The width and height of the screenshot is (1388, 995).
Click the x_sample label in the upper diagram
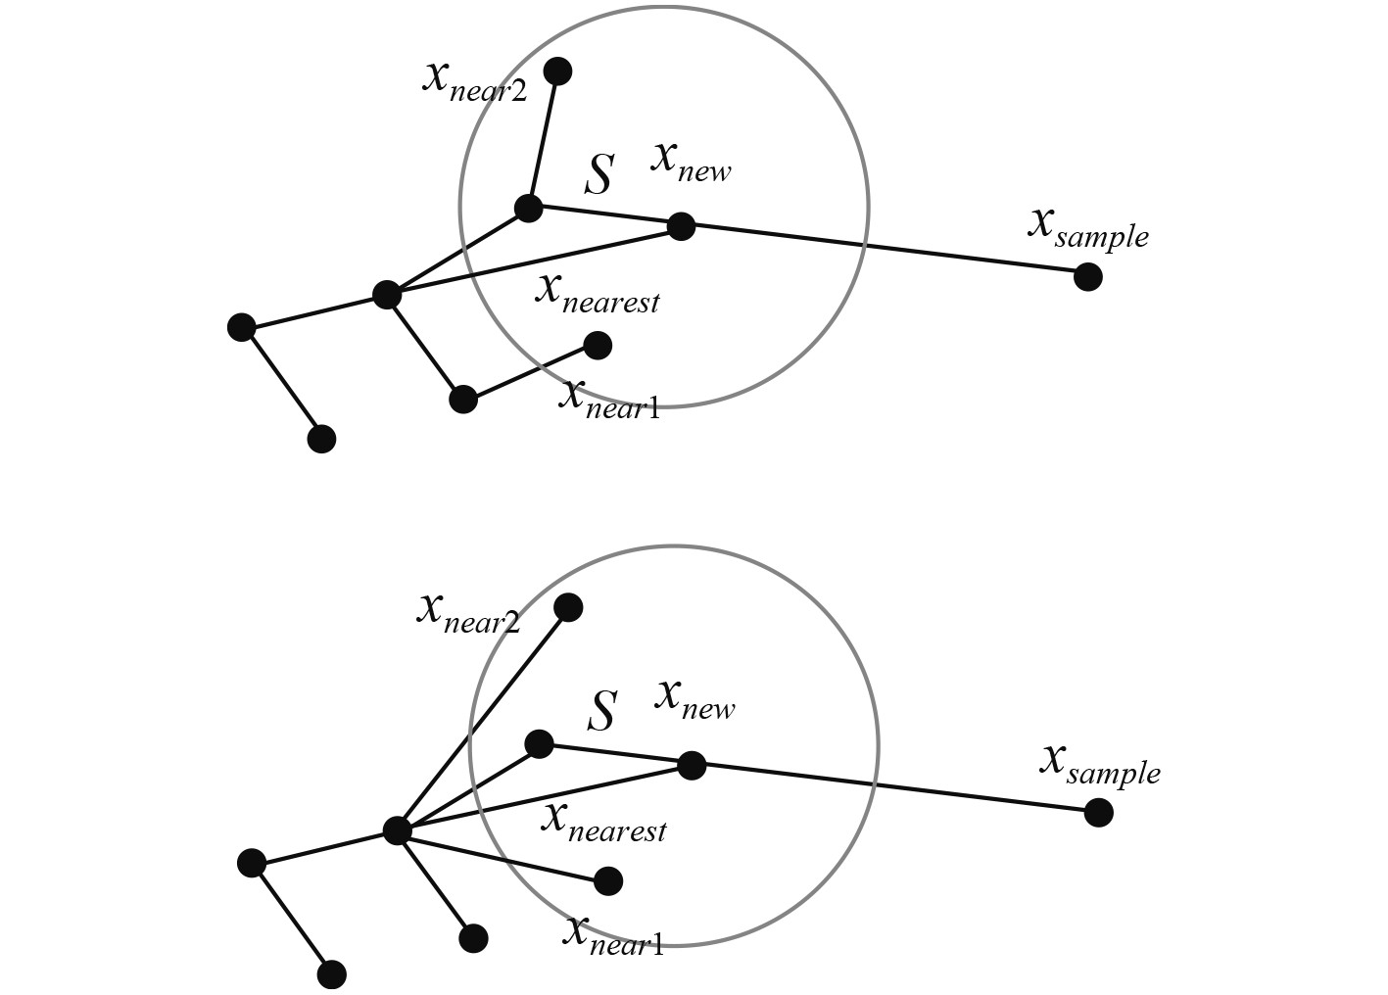coord(1087,227)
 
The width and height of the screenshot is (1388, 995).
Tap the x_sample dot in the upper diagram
coord(1087,277)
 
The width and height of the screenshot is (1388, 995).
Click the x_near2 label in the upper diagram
coord(474,81)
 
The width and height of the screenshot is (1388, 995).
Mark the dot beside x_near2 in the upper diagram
coord(557,71)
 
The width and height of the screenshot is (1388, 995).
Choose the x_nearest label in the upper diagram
coord(597,293)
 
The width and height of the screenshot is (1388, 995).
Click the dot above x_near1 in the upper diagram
coord(598,345)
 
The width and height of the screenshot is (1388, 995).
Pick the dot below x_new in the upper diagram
coord(681,226)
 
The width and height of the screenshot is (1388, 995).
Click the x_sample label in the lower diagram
coord(1099,765)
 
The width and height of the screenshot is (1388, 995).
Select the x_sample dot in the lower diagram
coord(1099,813)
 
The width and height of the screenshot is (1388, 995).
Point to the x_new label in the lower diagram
coord(695,699)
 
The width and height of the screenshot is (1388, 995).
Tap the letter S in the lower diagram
coord(602,711)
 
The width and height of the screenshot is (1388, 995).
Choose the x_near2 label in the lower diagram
coord(468,614)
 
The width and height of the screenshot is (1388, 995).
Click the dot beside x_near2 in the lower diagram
coord(568,607)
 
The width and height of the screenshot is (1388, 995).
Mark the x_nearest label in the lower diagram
coord(603,822)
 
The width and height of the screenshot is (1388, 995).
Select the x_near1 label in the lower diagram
coord(613,935)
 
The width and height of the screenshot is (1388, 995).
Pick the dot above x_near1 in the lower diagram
coord(608,881)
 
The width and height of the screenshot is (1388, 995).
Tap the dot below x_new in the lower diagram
coord(692,765)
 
